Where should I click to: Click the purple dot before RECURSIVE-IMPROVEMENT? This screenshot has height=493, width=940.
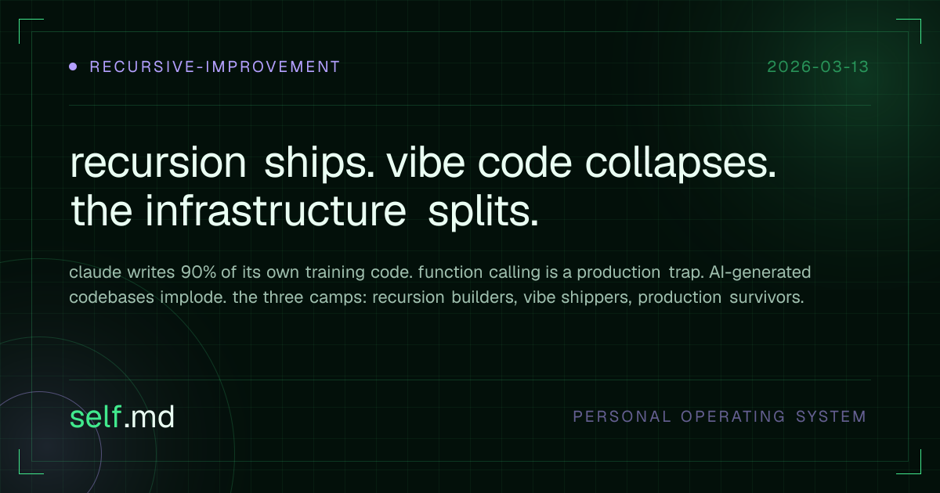(73, 67)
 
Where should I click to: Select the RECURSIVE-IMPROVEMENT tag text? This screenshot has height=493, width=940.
(215, 67)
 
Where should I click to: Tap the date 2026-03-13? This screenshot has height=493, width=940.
(818, 67)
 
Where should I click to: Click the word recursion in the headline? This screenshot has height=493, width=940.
(158, 164)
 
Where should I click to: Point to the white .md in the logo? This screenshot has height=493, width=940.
(149, 418)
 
